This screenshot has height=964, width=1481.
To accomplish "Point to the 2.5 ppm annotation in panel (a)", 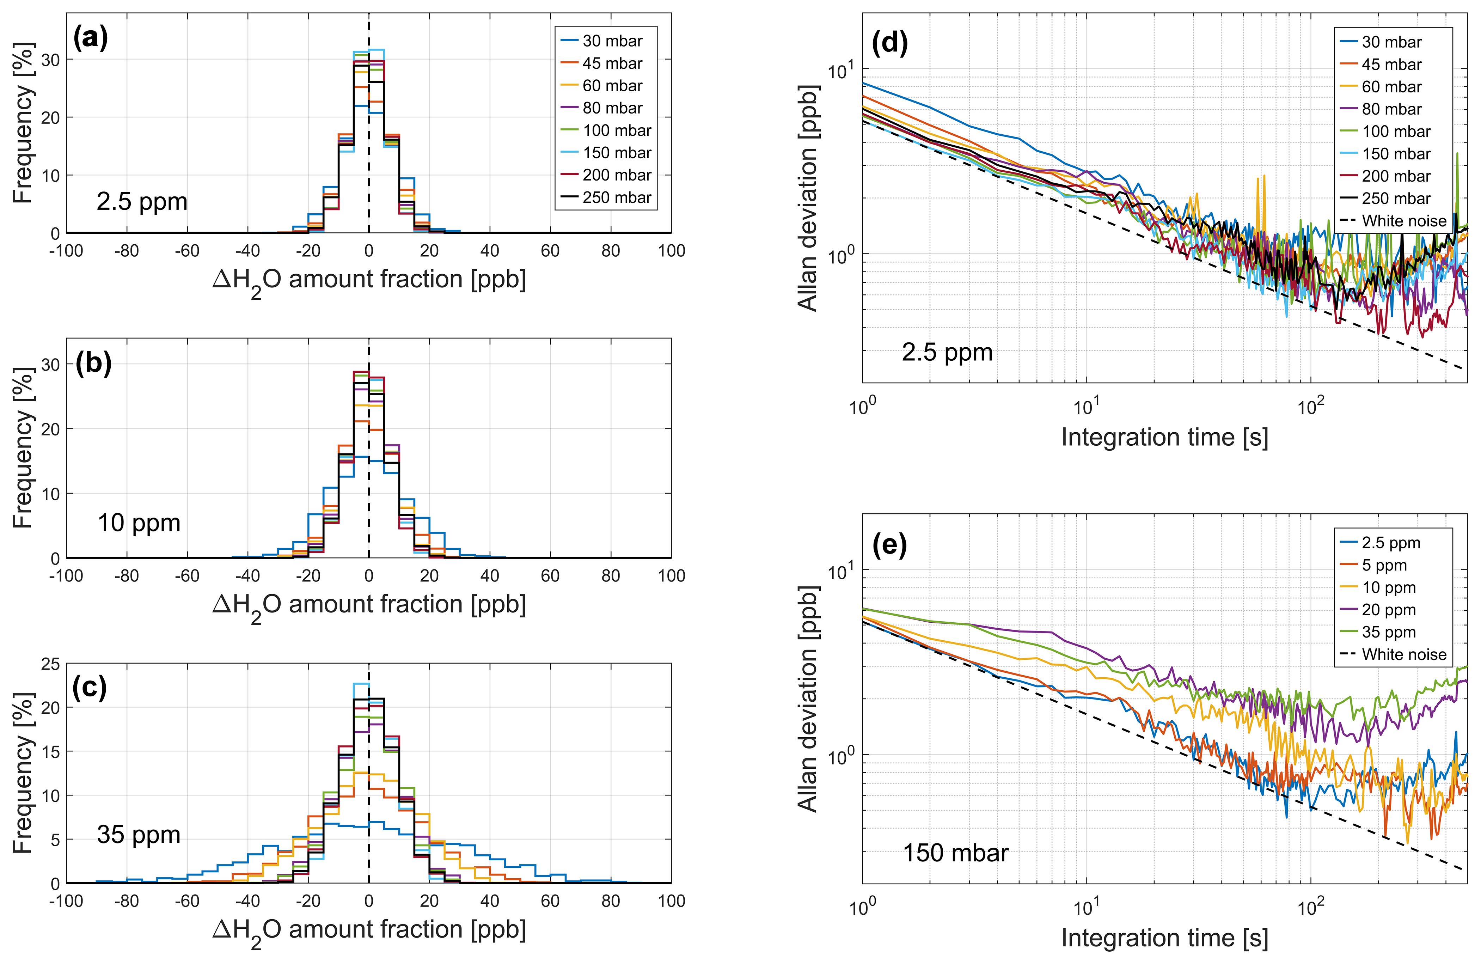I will point(142,202).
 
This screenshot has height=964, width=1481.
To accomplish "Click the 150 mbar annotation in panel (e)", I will point(955,853).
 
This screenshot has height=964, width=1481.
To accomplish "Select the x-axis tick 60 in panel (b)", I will point(550,576).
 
